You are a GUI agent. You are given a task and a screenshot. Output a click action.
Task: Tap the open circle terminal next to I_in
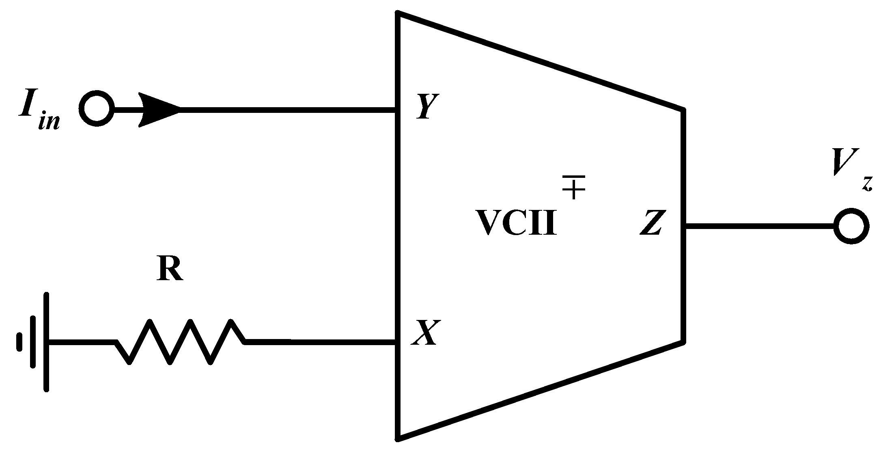pyautogui.click(x=97, y=109)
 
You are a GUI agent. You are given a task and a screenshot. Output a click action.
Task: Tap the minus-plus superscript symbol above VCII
pyautogui.click(x=573, y=187)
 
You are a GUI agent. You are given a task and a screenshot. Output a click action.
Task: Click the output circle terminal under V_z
pyautogui.click(x=851, y=226)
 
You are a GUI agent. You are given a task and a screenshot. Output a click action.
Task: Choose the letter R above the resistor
pyautogui.click(x=170, y=269)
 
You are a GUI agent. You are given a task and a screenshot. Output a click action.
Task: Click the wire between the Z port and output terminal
pyautogui.click(x=759, y=226)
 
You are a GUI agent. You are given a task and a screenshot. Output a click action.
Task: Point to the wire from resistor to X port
pyautogui.click(x=321, y=342)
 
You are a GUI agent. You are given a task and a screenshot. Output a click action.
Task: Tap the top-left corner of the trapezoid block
pyautogui.click(x=399, y=13)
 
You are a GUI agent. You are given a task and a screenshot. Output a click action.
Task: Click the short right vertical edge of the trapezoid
pyautogui.click(x=684, y=225)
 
